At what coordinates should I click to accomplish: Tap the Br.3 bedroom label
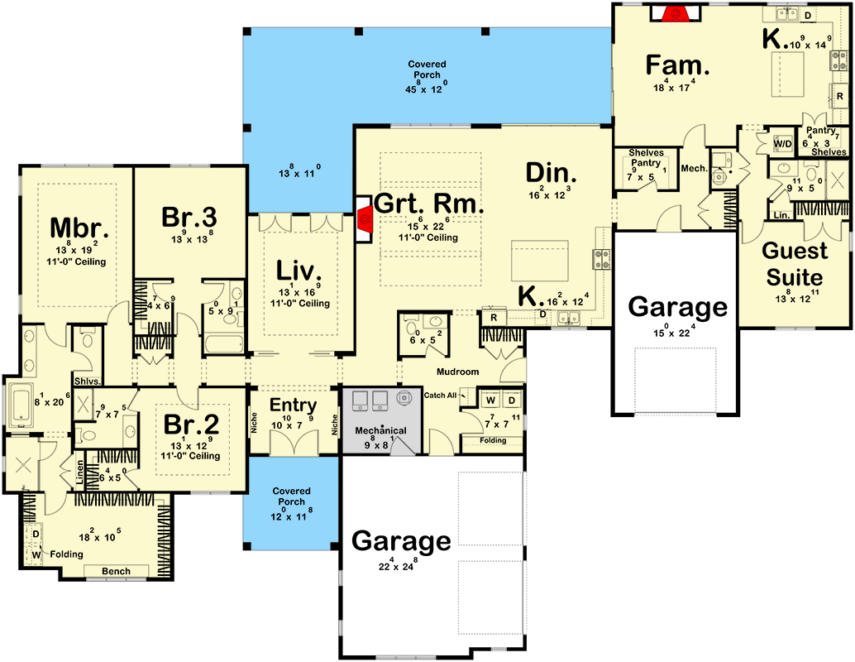coord(189,217)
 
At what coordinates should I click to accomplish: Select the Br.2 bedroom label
coord(191,424)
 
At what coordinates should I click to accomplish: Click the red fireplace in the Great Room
coord(364,221)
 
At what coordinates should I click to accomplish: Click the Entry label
coord(294,405)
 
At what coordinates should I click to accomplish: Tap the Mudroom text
coord(457,372)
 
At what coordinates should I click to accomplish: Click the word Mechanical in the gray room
coord(380,431)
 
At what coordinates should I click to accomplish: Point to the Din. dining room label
coord(551,174)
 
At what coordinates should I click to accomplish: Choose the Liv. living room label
coord(299,271)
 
